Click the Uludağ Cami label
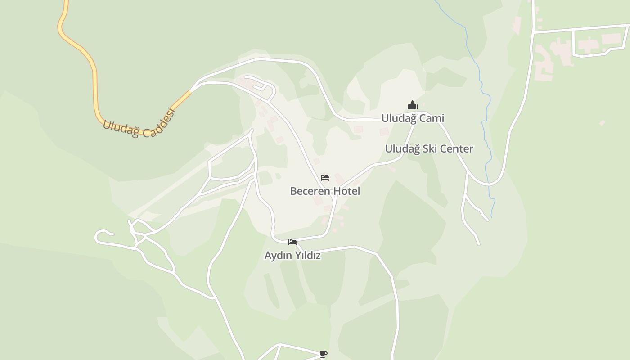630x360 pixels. click(413, 118)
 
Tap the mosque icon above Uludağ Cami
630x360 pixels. click(413, 105)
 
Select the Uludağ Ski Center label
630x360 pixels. click(429, 149)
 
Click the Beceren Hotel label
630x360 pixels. click(325, 191)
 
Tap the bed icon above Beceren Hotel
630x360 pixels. click(325, 178)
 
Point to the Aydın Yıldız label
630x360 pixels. click(292, 256)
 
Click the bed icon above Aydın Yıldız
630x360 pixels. click(292, 242)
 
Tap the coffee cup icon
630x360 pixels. click(323, 354)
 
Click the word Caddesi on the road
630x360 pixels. click(160, 122)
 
